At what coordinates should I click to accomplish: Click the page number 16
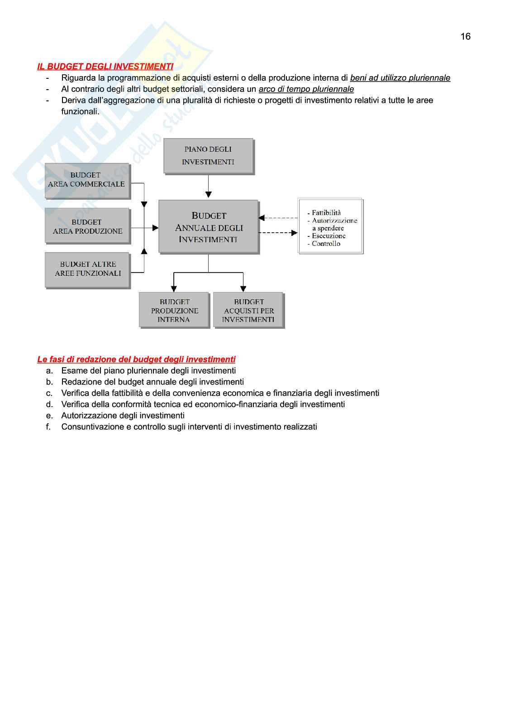465,37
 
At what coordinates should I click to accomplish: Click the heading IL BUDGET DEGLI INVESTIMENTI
105,67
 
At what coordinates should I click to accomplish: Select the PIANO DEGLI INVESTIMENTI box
208,156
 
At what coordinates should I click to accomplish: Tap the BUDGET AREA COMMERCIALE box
87,180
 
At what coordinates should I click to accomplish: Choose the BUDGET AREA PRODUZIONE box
87,226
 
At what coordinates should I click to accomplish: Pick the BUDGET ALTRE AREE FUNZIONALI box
88,269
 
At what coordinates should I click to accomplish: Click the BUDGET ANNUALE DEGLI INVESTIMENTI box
209,227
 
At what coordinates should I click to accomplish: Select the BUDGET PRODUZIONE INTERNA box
175,310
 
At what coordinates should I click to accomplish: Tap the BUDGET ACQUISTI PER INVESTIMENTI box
248,310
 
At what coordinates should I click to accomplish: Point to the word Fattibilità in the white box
326,213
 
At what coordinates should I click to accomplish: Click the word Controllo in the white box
326,244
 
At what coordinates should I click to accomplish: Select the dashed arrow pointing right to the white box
278,233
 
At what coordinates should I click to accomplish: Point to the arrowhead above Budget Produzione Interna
174,288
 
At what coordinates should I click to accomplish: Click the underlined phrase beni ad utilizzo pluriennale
400,78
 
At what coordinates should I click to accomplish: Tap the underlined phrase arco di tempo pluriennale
306,89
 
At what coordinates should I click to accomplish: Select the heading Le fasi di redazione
136,360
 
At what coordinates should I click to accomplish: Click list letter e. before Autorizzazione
49,416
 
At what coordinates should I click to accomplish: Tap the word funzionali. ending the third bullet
80,111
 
